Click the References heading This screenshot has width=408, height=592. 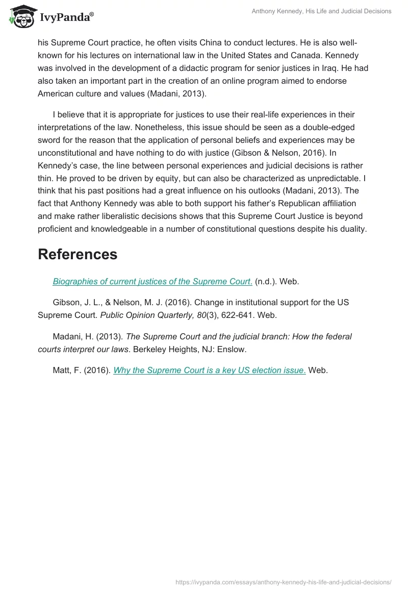coord(78,254)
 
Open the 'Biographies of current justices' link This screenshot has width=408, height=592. coord(152,282)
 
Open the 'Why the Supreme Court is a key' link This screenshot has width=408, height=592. coord(210,371)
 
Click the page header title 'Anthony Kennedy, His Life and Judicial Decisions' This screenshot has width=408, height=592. coord(321,11)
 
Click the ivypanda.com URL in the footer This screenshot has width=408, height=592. coord(283,582)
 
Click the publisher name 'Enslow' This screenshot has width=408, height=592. coord(233,350)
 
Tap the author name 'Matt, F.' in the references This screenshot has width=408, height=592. coord(67,371)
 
